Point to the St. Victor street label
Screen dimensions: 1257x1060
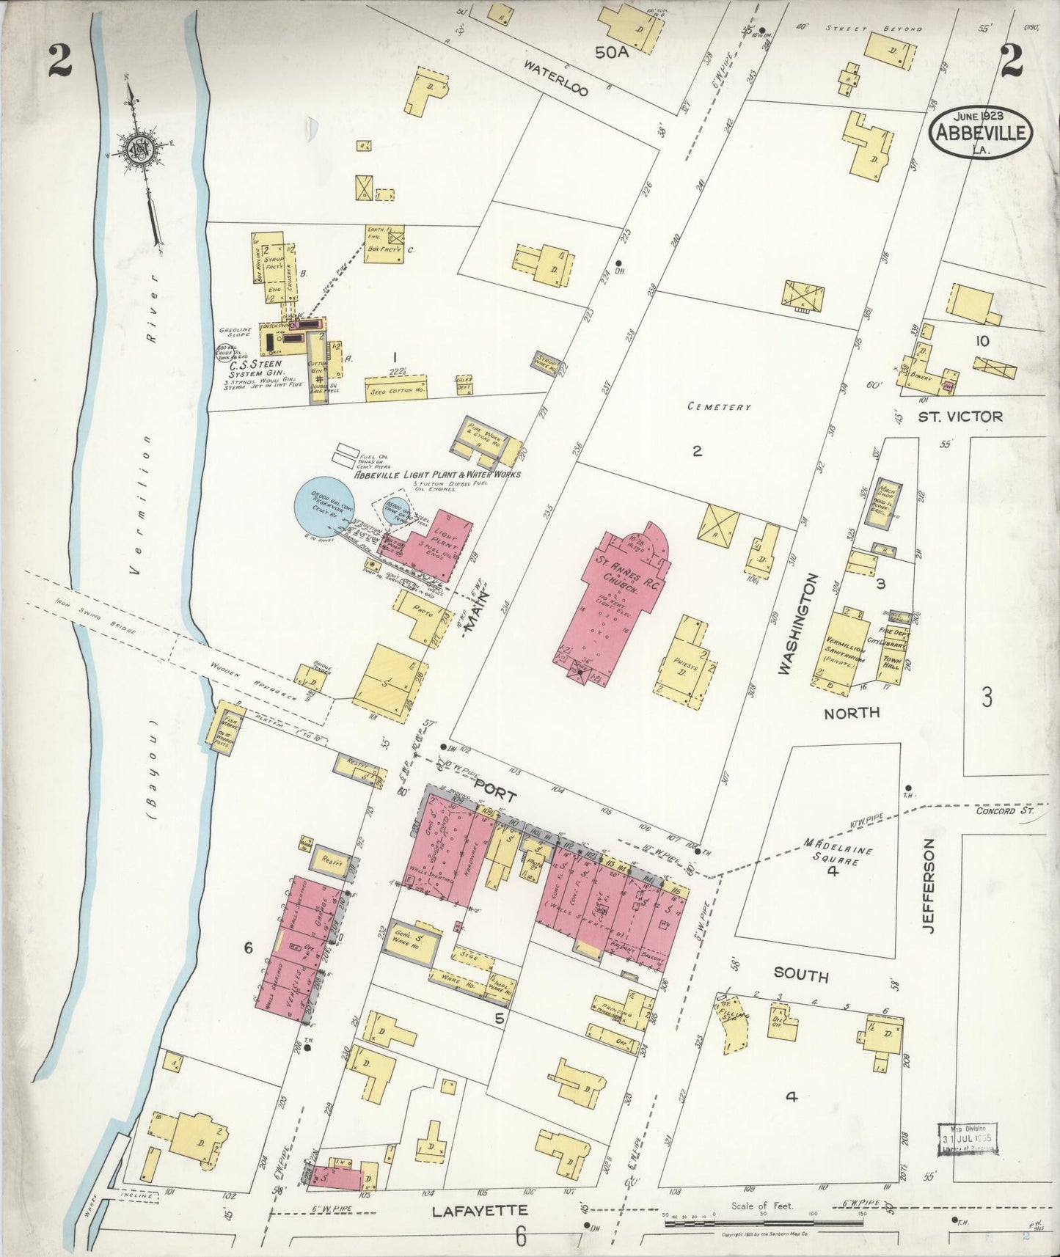(x=960, y=417)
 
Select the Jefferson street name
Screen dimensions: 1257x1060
(x=929, y=886)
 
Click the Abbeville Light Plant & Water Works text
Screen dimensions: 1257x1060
(x=437, y=474)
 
